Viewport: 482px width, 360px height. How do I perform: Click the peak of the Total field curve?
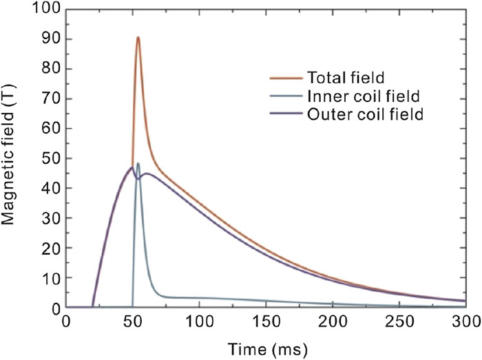pos(138,37)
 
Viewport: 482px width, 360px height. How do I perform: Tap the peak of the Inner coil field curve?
pos(138,164)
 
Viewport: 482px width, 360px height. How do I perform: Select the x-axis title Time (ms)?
pos(266,345)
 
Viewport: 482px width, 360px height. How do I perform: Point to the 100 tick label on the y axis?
pos(46,10)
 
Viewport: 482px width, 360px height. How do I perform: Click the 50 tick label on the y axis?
pos(50,158)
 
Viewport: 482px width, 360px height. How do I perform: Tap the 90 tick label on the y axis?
pos(50,39)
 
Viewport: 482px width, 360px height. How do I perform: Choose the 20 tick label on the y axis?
pos(50,248)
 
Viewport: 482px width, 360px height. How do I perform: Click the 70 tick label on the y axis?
pos(50,99)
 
